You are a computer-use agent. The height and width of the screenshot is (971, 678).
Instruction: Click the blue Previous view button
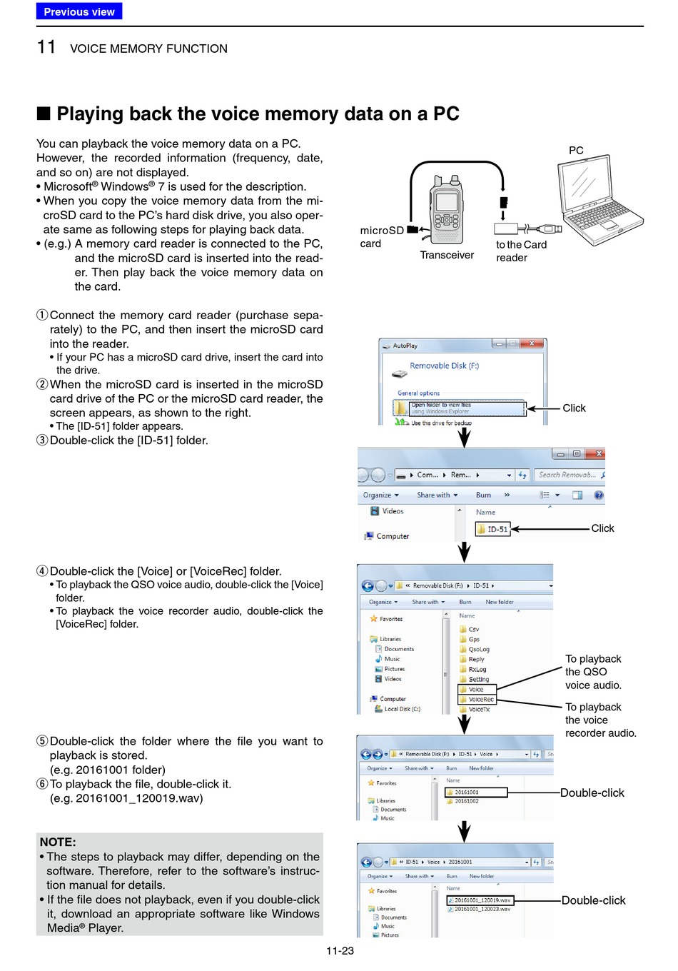[x=79, y=11]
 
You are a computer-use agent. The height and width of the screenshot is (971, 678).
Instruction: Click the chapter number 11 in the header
[x=46, y=47]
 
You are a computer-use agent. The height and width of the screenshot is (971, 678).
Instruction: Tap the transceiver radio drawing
[x=447, y=210]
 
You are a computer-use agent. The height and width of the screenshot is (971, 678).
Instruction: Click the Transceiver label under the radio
[x=447, y=255]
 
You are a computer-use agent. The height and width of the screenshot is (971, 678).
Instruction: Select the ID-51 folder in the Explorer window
[x=493, y=529]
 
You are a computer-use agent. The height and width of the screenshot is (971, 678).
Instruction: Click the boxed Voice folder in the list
[x=476, y=689]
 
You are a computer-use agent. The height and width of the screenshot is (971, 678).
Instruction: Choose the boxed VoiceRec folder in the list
[x=480, y=699]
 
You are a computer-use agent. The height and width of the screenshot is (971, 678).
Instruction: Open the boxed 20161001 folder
[x=475, y=792]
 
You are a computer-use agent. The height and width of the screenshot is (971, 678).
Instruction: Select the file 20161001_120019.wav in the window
[x=480, y=900]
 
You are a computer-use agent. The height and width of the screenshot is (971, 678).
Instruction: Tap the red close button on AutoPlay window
[x=532, y=343]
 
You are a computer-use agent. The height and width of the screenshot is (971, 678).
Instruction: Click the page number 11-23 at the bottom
[x=340, y=950]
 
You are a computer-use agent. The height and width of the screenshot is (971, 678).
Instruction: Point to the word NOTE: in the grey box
[x=58, y=842]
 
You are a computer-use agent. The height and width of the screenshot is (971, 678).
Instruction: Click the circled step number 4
[x=42, y=571]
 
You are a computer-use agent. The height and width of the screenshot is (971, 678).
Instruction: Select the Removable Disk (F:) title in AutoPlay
[x=444, y=366]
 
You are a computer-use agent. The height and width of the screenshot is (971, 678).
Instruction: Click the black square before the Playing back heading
[x=44, y=114]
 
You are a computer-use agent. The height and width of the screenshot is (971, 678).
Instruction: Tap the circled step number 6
[x=42, y=784]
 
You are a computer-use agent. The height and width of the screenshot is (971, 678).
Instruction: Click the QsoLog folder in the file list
[x=478, y=649]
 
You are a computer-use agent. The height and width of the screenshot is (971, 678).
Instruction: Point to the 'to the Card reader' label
[x=521, y=251]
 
